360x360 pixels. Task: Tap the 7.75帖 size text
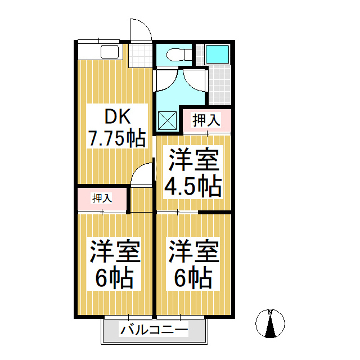coord(117,138)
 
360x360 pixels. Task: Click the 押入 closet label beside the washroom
coord(206,120)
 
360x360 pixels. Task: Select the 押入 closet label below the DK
coord(102,198)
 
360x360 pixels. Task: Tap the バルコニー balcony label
coord(153,330)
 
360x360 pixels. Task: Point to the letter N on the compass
coord(270,312)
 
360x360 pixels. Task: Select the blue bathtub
coord(217,54)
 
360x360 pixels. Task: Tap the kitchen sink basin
coord(109,53)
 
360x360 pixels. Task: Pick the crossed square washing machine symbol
coord(166,120)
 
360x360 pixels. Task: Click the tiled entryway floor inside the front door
coord(140,56)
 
